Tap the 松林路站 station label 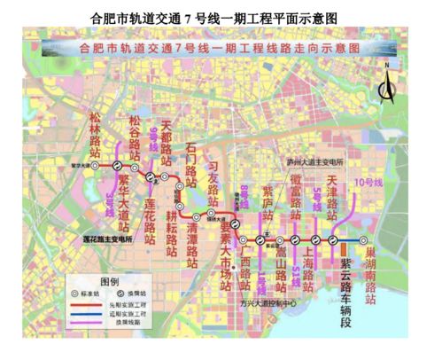(x=99, y=132)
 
